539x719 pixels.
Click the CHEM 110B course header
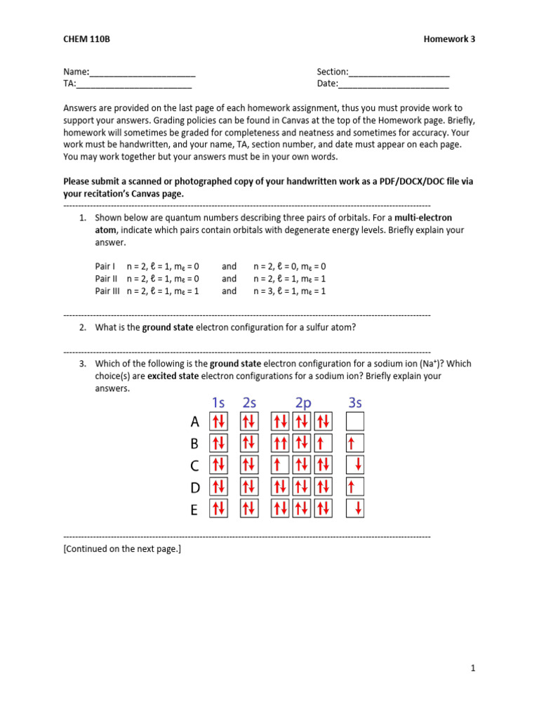86,39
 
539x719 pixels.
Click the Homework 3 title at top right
449,39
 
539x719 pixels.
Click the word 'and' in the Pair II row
229,279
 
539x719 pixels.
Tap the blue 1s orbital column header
218,402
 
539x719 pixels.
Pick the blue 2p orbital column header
302,402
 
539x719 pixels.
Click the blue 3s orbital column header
355,402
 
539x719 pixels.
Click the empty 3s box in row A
356,421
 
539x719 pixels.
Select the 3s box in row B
356,443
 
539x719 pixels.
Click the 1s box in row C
218,465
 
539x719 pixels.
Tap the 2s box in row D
248,487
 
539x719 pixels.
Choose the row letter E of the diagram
194,510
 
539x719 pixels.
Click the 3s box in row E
356,508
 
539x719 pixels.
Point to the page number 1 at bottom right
473,668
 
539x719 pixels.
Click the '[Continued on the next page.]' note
122,548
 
